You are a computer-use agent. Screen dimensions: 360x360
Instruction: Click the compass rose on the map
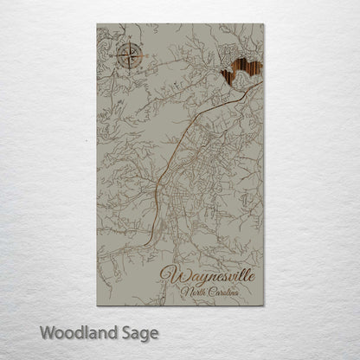(126, 58)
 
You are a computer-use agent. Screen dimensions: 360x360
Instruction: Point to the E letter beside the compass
(143, 58)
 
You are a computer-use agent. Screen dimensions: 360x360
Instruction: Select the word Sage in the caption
(138, 332)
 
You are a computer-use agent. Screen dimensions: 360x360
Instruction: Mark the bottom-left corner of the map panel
(98, 307)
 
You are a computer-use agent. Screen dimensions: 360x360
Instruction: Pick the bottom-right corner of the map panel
(262, 307)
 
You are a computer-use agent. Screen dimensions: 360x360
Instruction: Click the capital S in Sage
(125, 331)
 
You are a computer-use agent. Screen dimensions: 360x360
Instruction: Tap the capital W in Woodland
(46, 331)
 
